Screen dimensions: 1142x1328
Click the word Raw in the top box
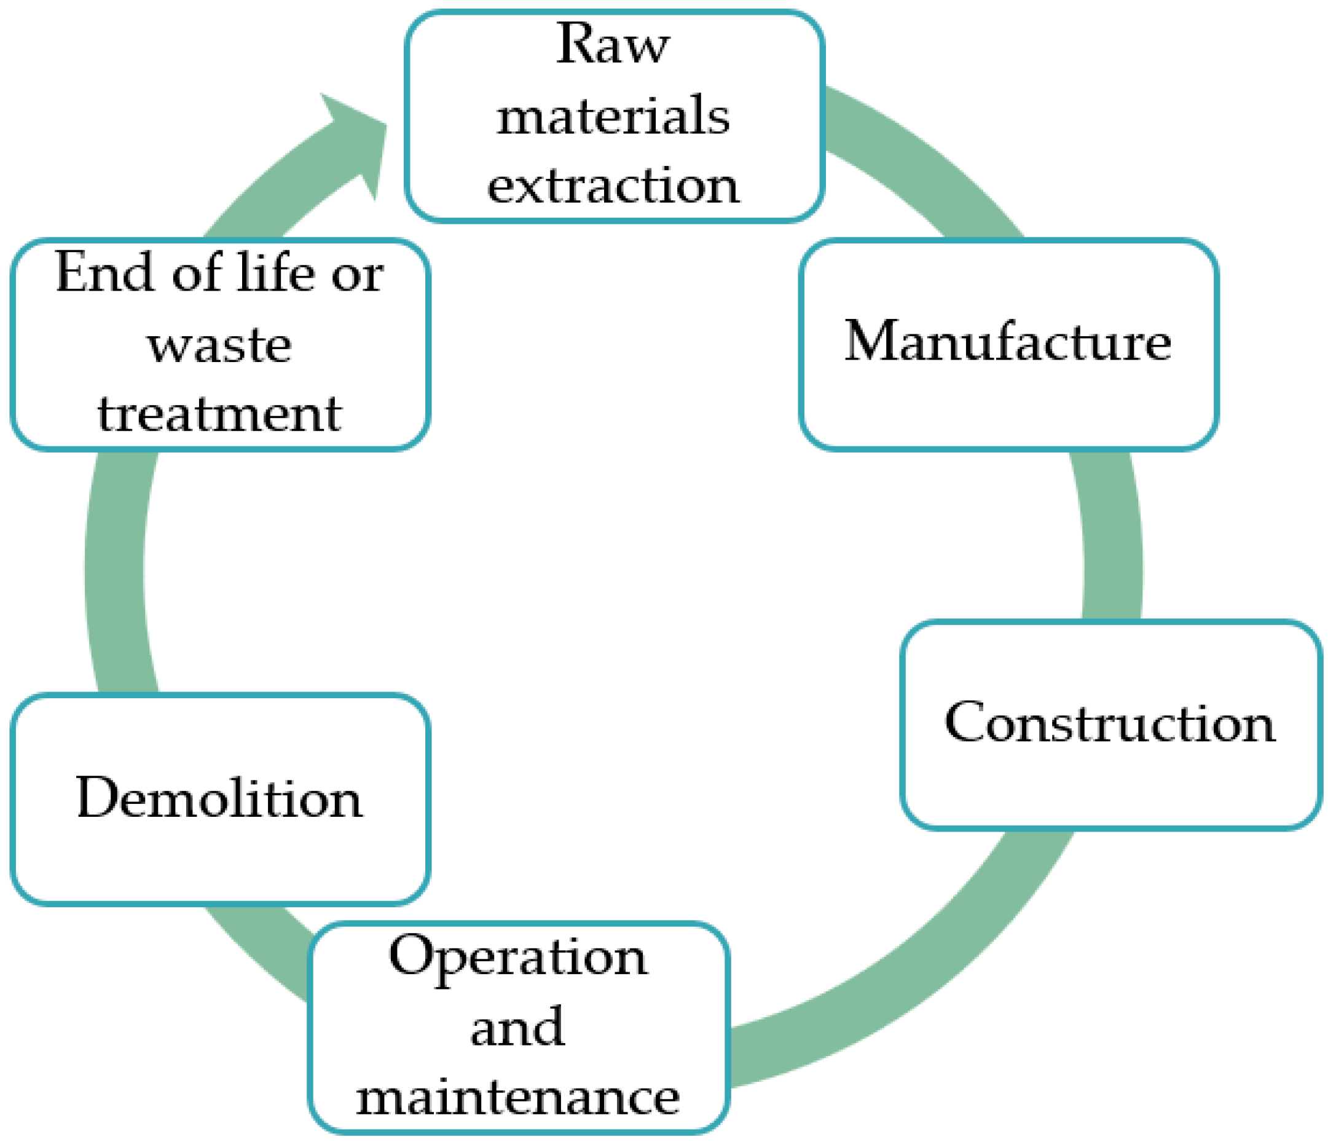point(612,45)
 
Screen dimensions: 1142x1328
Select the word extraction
point(613,186)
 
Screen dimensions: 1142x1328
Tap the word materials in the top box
point(613,117)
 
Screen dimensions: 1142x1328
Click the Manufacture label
point(1008,342)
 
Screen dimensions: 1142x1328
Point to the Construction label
point(1109,723)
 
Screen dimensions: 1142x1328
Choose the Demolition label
point(219,798)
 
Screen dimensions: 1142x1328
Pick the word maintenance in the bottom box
point(518,1097)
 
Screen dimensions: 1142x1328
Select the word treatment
point(219,415)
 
